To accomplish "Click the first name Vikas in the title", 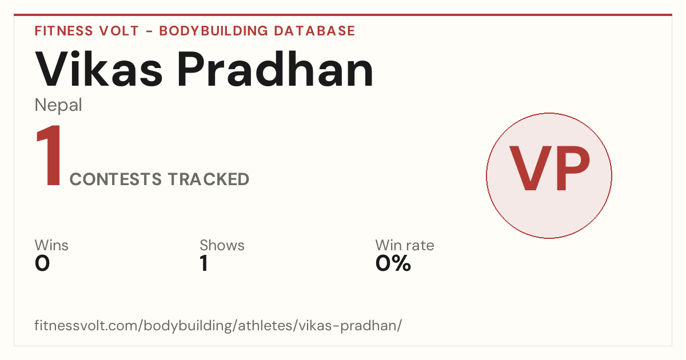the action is (98, 69).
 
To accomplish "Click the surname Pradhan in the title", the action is (276, 69).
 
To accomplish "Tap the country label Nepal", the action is (58, 105).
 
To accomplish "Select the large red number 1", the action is (49, 155).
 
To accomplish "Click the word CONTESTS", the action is (115, 179).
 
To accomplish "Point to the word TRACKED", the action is (209, 179).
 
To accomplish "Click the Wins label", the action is (51, 245).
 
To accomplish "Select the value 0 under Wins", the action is (42, 263).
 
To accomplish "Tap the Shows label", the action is (222, 245).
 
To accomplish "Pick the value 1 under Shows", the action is (204, 263).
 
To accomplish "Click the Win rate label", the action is (405, 245).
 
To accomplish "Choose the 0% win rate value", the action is (393, 263).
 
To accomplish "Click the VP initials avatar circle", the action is (549, 175).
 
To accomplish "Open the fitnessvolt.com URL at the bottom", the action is (218, 325).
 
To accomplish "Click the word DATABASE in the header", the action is (314, 31).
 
